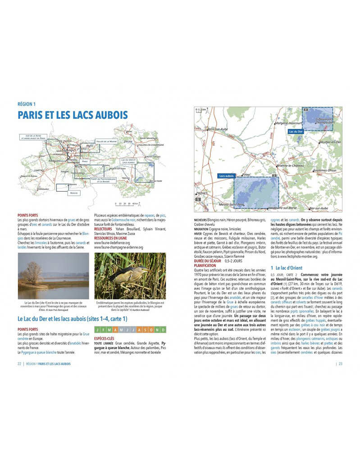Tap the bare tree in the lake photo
32,273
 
